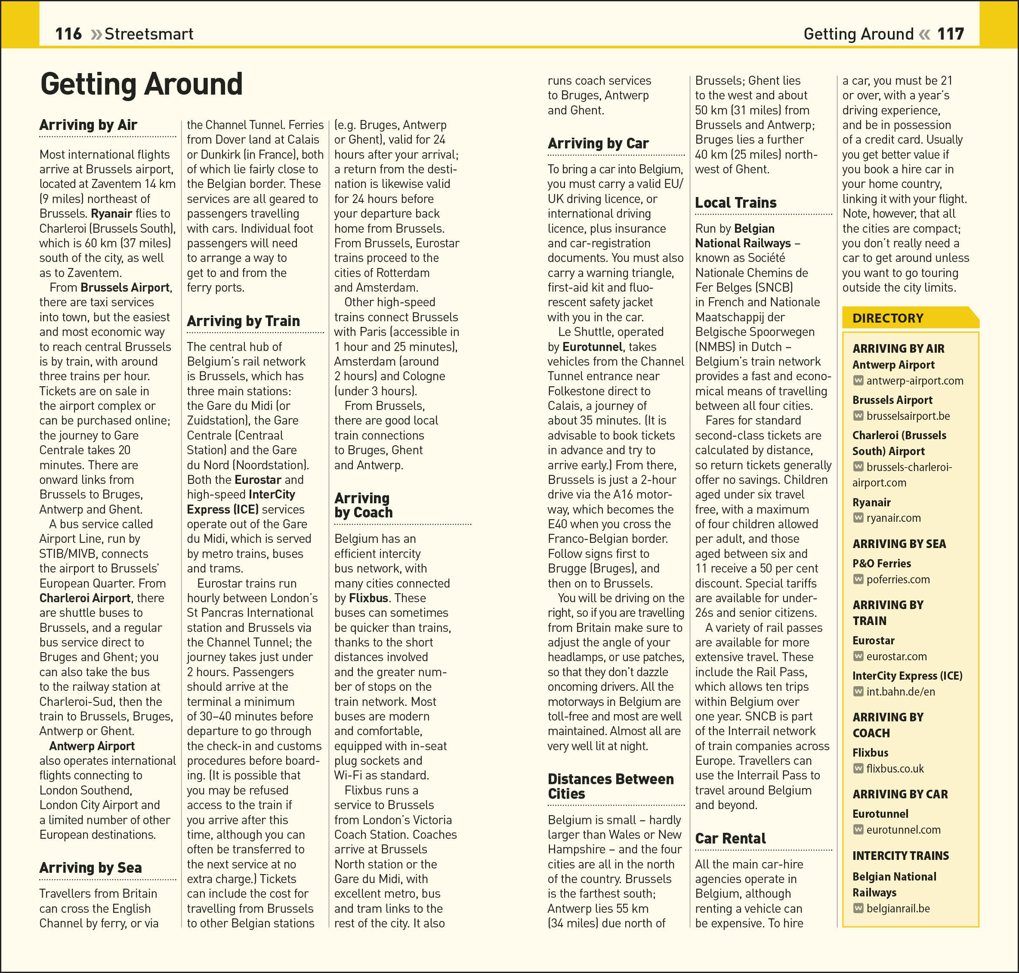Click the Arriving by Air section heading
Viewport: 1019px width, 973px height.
(x=88, y=125)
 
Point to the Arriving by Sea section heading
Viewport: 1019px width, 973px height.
(x=90, y=868)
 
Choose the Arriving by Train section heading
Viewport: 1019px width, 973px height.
(x=243, y=321)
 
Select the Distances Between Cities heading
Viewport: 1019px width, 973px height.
(x=610, y=786)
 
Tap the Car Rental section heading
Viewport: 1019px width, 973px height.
(x=730, y=839)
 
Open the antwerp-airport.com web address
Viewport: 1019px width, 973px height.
(x=914, y=381)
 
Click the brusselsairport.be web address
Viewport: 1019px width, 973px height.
(x=908, y=416)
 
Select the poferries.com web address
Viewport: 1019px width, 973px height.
(x=898, y=579)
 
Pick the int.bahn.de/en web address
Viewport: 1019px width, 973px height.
(x=900, y=691)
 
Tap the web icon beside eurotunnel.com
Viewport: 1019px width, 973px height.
(x=858, y=829)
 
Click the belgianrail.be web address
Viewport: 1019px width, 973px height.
(x=898, y=908)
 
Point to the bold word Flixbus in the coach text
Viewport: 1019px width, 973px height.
(x=368, y=598)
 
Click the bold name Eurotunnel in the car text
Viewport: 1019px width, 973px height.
(x=592, y=347)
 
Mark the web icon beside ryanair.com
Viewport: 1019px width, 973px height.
(x=858, y=517)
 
